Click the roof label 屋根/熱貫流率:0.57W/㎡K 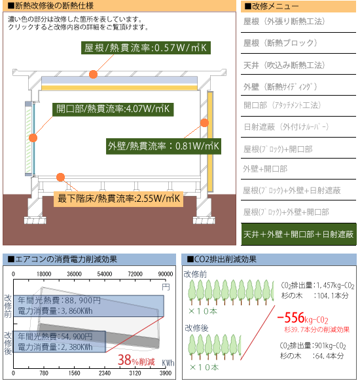click(x=146, y=48)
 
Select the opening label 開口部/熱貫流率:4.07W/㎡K click(x=113, y=109)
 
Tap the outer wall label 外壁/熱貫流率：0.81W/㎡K click(x=164, y=146)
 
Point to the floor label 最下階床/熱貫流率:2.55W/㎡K click(x=118, y=199)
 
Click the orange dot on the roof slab click(x=93, y=74)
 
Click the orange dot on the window click(x=33, y=138)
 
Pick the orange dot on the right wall click(x=205, y=123)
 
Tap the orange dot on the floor click(x=60, y=177)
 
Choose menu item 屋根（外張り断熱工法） click(x=284, y=22)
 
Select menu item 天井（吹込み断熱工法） click(x=284, y=66)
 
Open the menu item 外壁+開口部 click(x=265, y=169)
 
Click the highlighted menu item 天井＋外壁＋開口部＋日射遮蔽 click(x=298, y=235)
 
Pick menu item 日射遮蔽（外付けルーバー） click(x=286, y=126)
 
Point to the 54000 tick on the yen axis click(x=105, y=274)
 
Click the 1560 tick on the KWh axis click(x=74, y=373)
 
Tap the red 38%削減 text click(x=136, y=360)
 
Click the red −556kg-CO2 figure click(x=302, y=318)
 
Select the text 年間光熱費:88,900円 click(x=59, y=301)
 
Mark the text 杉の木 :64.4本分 click(x=312, y=356)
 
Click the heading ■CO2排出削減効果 click(x=221, y=259)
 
